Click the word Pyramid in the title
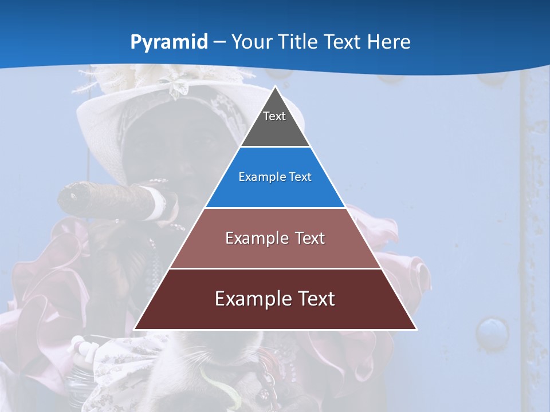169,42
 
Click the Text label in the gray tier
274,116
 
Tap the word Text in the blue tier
300,177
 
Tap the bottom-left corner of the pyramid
135,329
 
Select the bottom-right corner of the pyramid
417,329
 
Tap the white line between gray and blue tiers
275,146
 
